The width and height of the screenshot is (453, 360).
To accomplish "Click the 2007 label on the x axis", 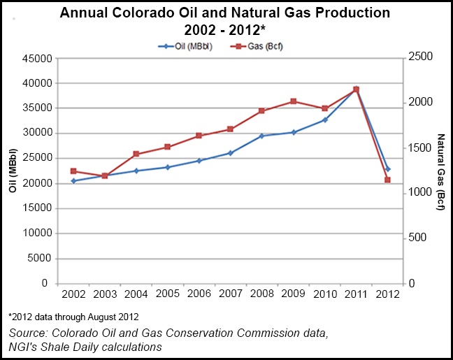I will pyautogui.click(x=230, y=294).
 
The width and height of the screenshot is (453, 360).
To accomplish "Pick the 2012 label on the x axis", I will pyautogui.click(x=387, y=294).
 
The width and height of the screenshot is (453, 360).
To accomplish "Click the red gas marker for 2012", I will pyautogui.click(x=387, y=180).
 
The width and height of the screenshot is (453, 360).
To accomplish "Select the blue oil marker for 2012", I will pyautogui.click(x=387, y=169).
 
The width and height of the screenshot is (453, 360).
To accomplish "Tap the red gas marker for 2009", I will pyautogui.click(x=293, y=101).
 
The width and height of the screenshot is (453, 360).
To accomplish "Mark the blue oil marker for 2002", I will pyautogui.click(x=73, y=181).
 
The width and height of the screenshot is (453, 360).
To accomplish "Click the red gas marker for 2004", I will pyautogui.click(x=136, y=154).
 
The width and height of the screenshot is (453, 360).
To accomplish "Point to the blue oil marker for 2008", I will pyautogui.click(x=261, y=136).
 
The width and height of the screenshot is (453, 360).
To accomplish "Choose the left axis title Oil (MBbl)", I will pyautogui.click(x=13, y=171).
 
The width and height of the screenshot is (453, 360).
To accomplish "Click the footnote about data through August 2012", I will pyautogui.click(x=73, y=317).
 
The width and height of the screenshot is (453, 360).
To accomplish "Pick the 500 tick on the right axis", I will pyautogui.click(x=417, y=238).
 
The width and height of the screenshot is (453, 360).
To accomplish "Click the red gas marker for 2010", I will pyautogui.click(x=324, y=108).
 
